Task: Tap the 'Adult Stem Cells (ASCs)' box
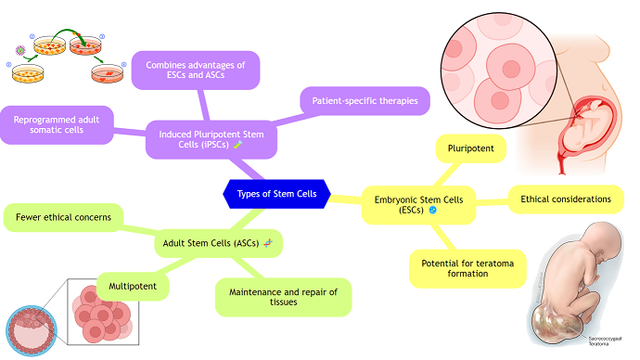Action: tap(218, 243)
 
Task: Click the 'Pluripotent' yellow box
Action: tap(470, 148)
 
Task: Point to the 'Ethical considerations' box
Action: tap(565, 199)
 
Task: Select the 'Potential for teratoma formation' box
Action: tap(467, 267)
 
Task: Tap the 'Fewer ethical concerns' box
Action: tap(63, 218)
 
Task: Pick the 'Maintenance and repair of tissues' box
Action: tap(283, 297)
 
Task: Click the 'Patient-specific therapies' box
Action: tap(365, 100)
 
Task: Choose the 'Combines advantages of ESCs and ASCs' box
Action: tap(195, 71)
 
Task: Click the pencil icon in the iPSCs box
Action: tap(237, 145)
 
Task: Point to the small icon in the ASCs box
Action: tap(267, 243)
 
